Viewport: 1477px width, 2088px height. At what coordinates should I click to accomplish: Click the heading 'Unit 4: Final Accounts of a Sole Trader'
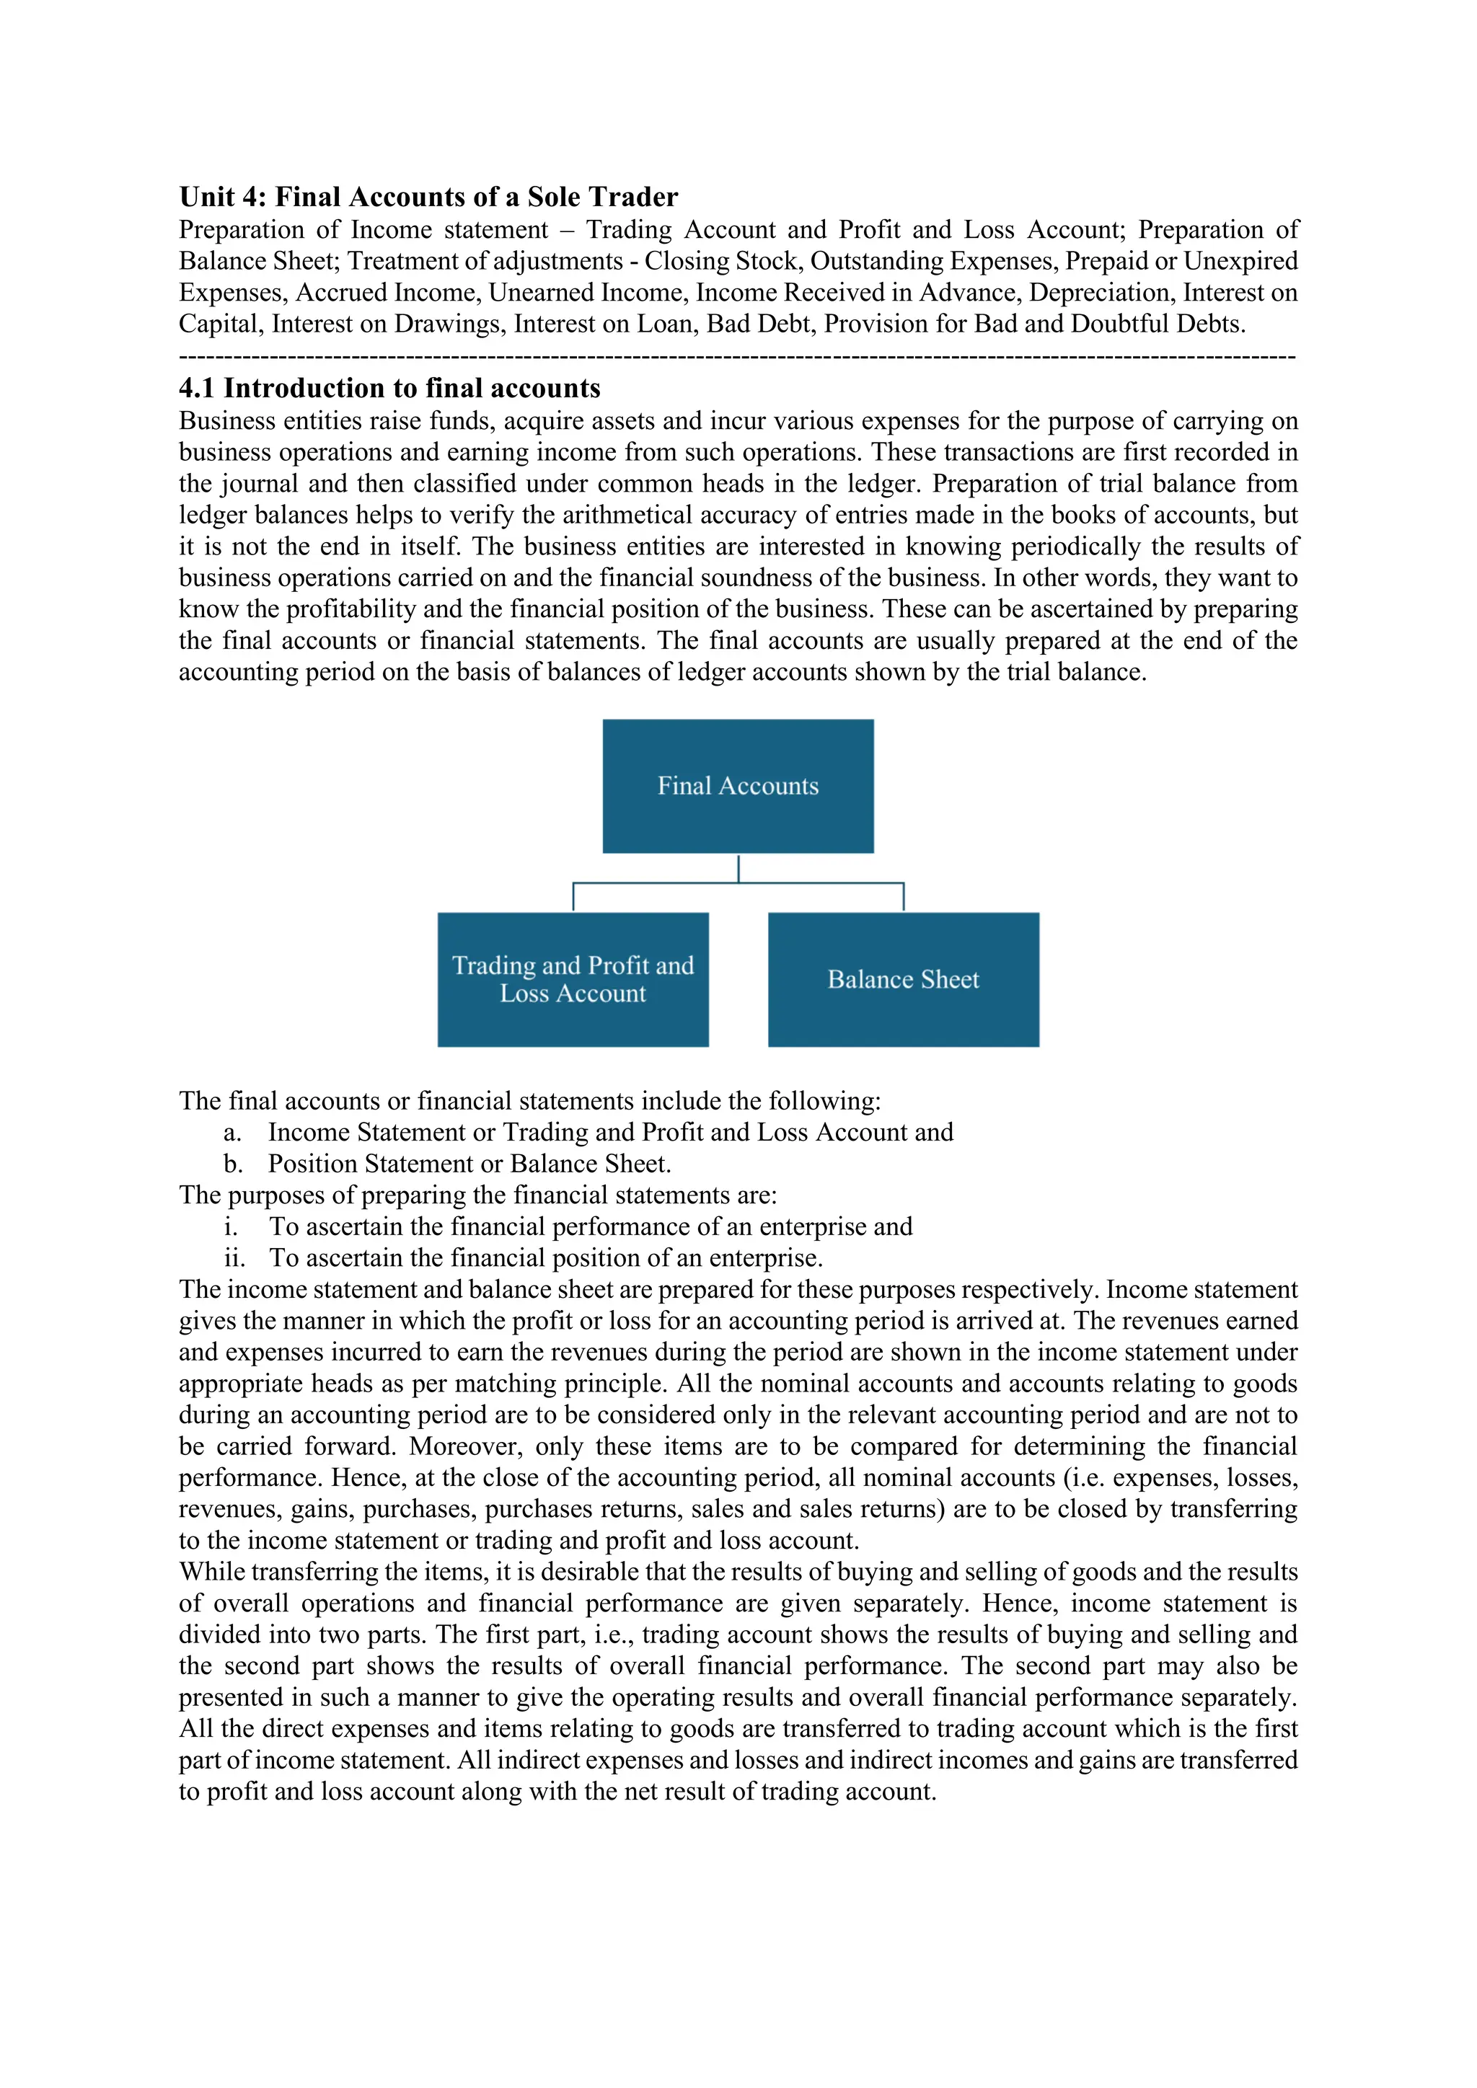point(428,198)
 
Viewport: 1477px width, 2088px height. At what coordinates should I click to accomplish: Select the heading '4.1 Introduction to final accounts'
point(389,389)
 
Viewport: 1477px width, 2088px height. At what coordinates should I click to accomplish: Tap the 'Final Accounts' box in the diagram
point(738,786)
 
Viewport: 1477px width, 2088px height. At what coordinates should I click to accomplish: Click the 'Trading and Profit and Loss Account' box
point(573,979)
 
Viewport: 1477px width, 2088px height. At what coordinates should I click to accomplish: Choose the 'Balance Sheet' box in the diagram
point(903,979)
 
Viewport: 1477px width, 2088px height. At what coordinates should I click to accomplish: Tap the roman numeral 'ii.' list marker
point(234,1259)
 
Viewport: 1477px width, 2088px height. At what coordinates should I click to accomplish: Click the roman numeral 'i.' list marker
point(231,1228)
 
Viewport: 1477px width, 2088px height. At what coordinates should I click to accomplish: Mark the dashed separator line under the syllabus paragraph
point(736,356)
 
